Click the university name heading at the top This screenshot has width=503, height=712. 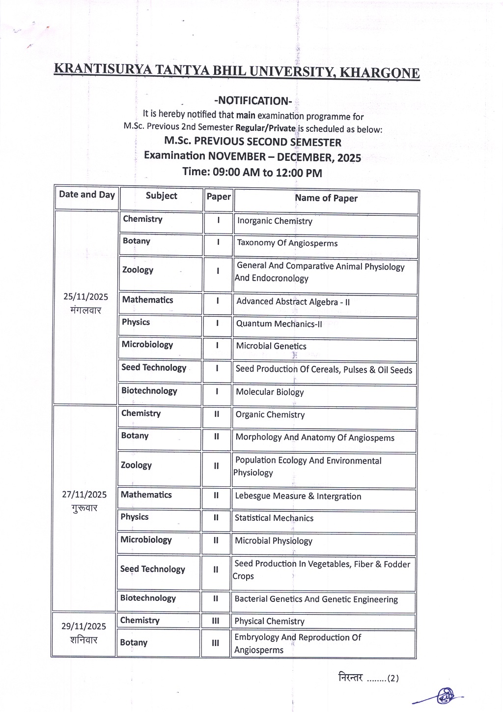[236, 71]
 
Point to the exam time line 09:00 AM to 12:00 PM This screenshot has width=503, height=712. [252, 172]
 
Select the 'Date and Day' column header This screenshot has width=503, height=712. [87, 195]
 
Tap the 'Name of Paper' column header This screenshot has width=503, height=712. [326, 198]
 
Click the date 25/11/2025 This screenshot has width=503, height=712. [86, 297]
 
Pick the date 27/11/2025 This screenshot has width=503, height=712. [84, 495]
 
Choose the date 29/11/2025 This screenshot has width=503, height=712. [84, 626]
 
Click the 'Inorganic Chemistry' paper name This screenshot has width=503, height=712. [275, 221]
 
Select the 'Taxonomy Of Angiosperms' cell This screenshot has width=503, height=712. [287, 243]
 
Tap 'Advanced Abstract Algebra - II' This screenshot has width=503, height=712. [293, 301]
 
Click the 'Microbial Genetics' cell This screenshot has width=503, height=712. [271, 346]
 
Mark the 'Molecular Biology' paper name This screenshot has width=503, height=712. [270, 392]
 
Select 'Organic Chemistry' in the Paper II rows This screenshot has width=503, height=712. [270, 415]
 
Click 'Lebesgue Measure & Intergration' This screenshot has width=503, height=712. [298, 496]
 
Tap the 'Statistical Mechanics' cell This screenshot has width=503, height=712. [274, 518]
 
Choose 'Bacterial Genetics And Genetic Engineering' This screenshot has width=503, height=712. [316, 599]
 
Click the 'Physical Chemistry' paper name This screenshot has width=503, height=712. [269, 622]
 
